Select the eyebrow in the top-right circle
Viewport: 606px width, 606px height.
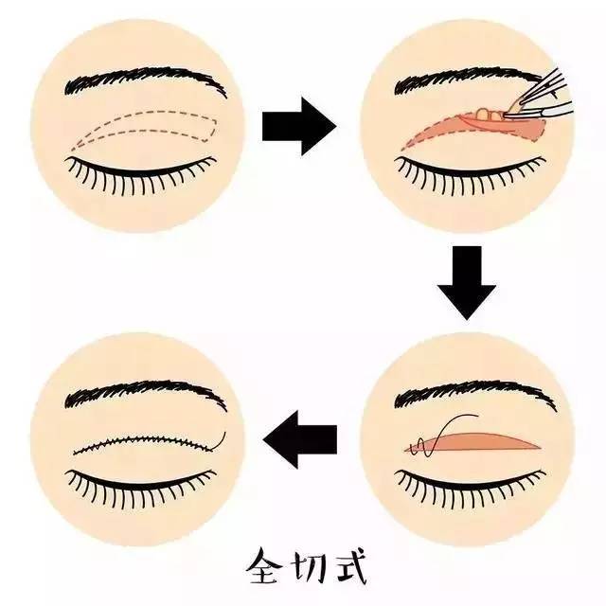point(464,80)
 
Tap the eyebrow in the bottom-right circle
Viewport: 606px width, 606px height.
point(464,393)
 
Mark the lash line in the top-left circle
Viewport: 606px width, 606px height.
point(142,171)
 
